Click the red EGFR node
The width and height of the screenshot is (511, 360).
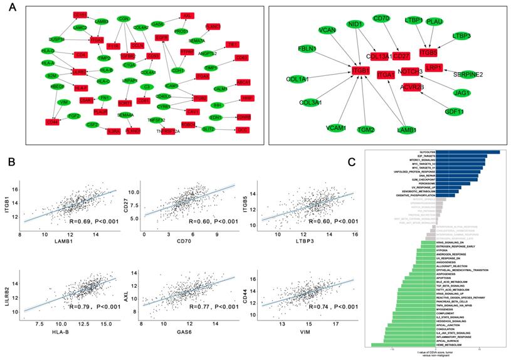point(162,38)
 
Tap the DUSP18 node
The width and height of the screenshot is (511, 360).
point(57,39)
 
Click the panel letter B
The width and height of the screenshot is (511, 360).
point(11,162)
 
